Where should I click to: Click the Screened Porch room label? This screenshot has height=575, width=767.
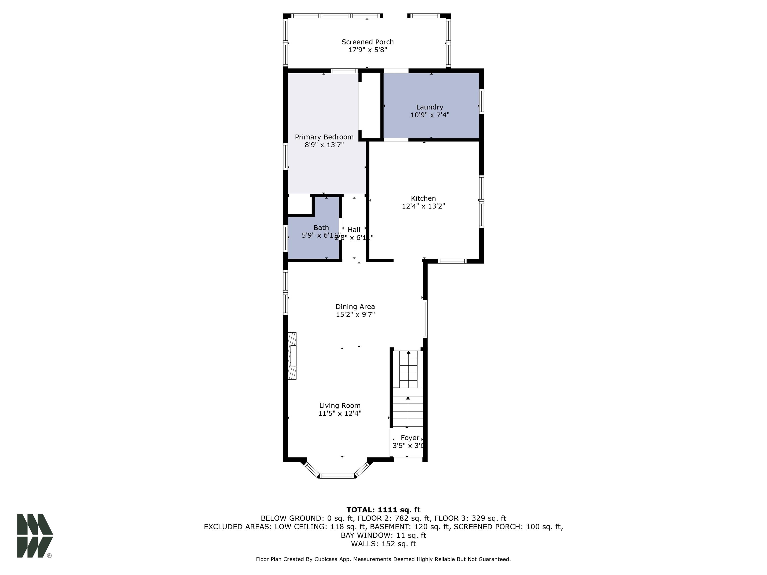click(367, 42)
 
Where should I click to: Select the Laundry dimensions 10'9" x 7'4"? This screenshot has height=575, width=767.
click(430, 115)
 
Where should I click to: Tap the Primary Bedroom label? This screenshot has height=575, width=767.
click(324, 137)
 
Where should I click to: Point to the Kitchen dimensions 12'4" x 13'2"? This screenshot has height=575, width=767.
click(423, 206)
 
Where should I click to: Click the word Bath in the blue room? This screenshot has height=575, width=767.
click(321, 228)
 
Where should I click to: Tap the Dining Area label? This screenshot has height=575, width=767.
click(355, 307)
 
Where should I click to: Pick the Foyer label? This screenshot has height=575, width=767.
click(410, 438)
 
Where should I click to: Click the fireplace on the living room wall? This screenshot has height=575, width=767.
click(292, 356)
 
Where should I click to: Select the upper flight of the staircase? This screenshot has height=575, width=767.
click(408, 369)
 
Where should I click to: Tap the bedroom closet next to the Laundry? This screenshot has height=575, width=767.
click(370, 106)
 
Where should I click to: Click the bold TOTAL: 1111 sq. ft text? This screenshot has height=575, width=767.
click(383, 510)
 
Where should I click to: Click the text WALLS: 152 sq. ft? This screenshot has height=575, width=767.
click(383, 544)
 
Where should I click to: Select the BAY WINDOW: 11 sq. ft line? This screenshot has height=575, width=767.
click(383, 535)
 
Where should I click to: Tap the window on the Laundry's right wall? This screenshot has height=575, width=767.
click(481, 101)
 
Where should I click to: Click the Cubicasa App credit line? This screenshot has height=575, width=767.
click(383, 559)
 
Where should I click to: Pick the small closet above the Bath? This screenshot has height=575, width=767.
click(299, 204)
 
